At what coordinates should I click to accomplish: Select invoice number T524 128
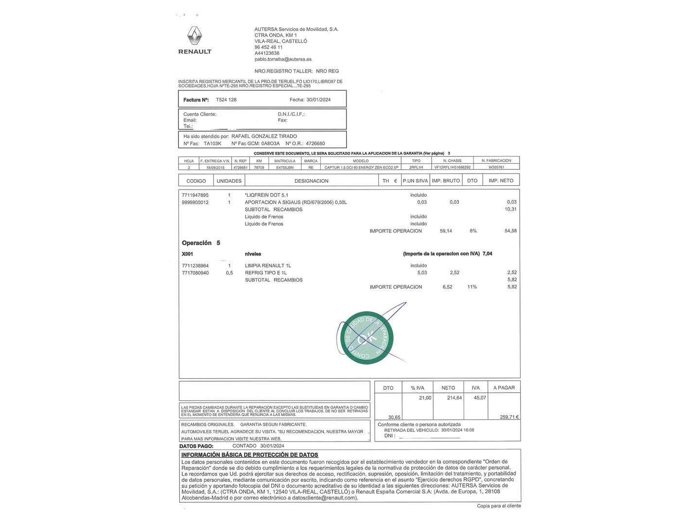pyautogui.click(x=226, y=100)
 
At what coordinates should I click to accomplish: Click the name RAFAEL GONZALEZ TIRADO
pyautogui.click(x=264, y=137)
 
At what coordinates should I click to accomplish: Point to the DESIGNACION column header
pyautogui.click(x=311, y=181)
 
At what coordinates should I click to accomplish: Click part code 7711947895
pyautogui.click(x=195, y=195)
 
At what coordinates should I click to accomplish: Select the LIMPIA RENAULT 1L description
pyautogui.click(x=268, y=265)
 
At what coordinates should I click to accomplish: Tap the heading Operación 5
pyautogui.click(x=201, y=243)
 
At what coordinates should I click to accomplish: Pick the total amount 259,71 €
pyautogui.click(x=509, y=417)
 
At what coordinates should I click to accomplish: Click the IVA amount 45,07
pyautogui.click(x=479, y=398)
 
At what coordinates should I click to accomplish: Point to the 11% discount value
pyautogui.click(x=472, y=287)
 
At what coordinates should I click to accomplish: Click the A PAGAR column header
pyautogui.click(x=504, y=388)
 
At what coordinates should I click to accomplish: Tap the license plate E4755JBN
pyautogui.click(x=285, y=167)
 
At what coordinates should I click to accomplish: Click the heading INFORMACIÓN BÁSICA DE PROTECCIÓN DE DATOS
pyautogui.click(x=249, y=455)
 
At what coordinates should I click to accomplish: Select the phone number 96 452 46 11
pyautogui.click(x=268, y=47)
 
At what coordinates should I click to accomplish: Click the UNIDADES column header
pyautogui.click(x=229, y=181)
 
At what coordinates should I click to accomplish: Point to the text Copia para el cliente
pyautogui.click(x=499, y=506)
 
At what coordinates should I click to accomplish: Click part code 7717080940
pyautogui.click(x=195, y=273)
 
